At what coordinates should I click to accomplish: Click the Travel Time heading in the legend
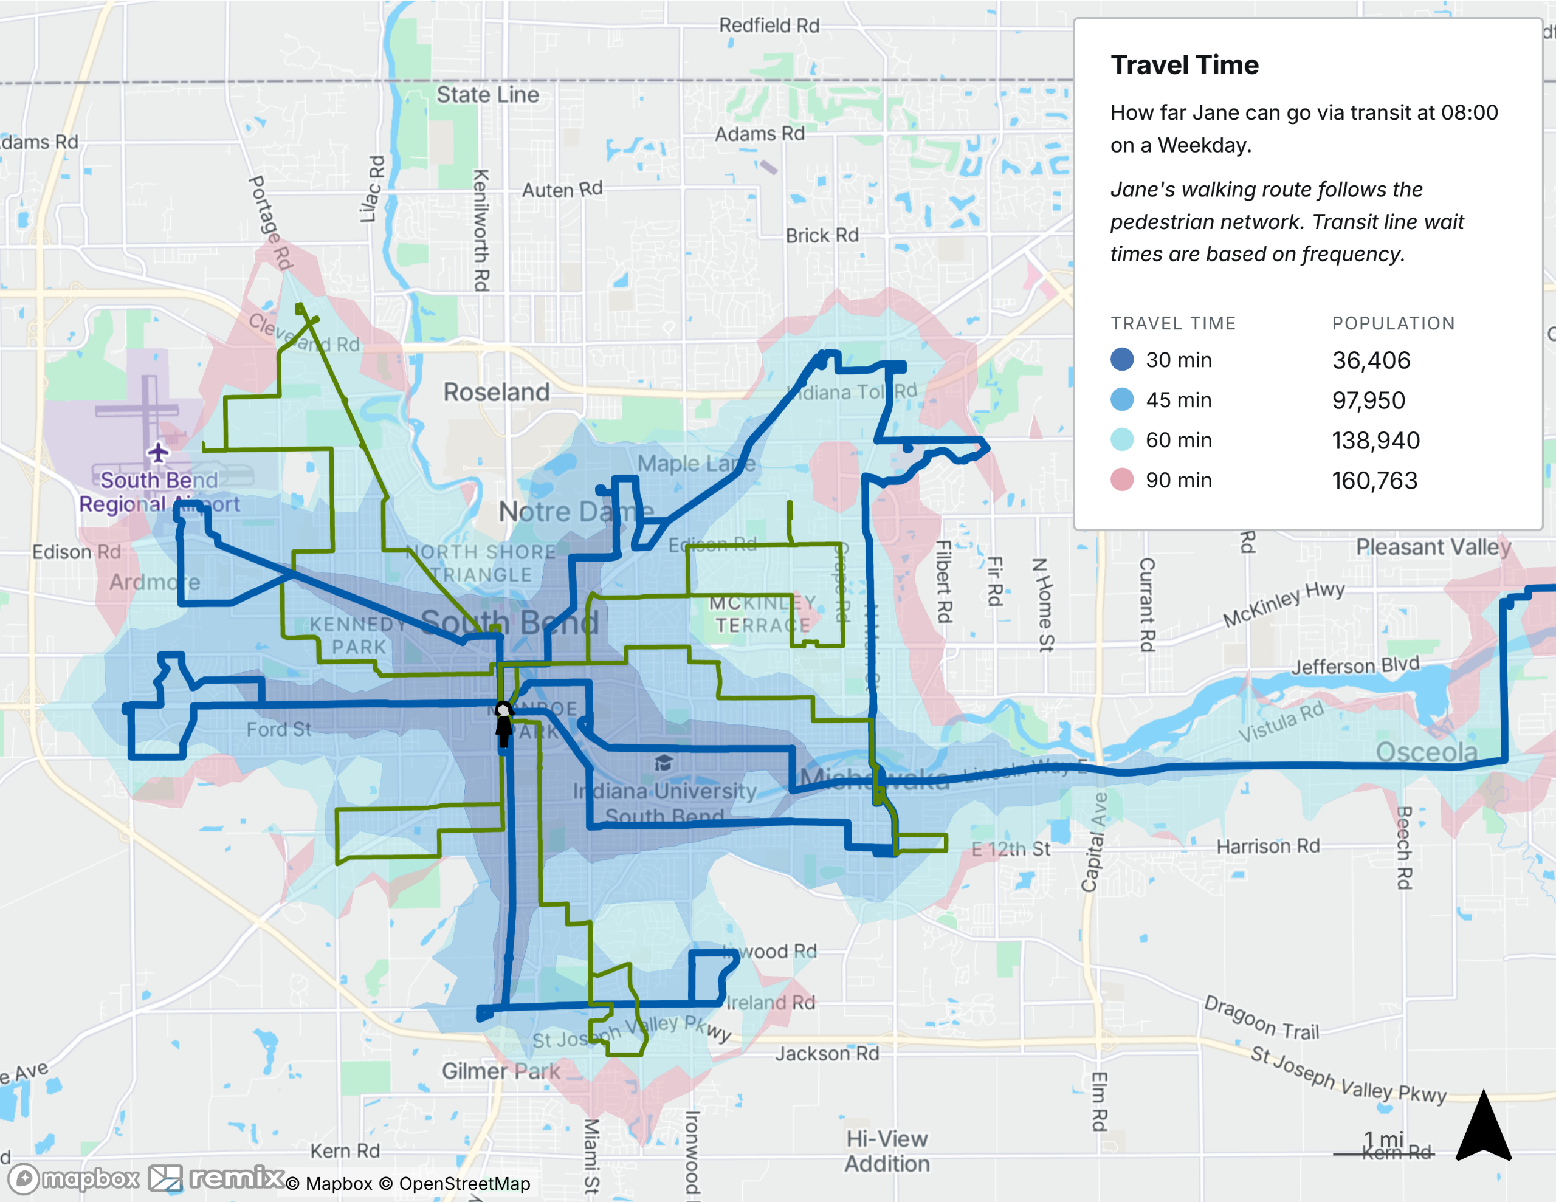(x=1184, y=65)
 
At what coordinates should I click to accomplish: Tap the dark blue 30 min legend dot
(x=1122, y=360)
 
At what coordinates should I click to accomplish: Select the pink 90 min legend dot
(x=1122, y=479)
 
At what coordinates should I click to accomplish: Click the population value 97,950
(x=1369, y=400)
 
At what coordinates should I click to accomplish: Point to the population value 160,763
(x=1374, y=480)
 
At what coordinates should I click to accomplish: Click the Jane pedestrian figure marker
(x=504, y=723)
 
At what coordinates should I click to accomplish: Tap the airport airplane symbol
(x=158, y=452)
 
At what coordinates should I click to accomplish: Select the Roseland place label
(x=497, y=392)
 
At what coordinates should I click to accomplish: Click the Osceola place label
(x=1427, y=752)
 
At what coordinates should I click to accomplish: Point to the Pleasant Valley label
(x=1433, y=547)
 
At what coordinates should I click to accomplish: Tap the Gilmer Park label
(x=501, y=1071)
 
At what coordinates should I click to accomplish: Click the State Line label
(x=487, y=95)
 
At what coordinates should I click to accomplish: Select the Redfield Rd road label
(x=769, y=26)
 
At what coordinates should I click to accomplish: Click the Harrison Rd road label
(x=1268, y=847)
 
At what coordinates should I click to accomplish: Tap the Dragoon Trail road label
(x=1261, y=1017)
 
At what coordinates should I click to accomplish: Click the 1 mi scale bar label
(x=1383, y=1139)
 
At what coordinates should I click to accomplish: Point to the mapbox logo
(x=74, y=1178)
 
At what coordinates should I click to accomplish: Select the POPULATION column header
(x=1393, y=323)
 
